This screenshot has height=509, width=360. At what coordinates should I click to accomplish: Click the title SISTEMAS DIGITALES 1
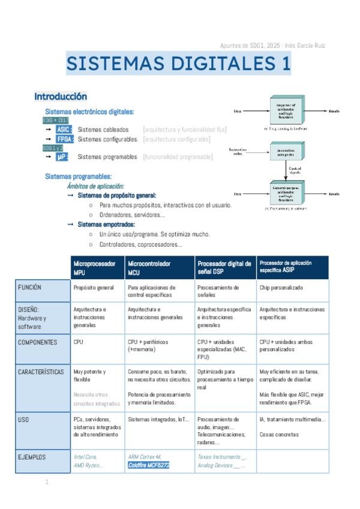tap(178, 64)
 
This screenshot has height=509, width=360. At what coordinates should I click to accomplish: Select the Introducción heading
tap(61, 97)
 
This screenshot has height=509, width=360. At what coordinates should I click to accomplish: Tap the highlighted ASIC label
tap(63, 129)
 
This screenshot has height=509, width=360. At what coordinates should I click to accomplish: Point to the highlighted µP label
tap(61, 157)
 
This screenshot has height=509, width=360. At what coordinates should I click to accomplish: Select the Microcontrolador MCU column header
tap(160, 268)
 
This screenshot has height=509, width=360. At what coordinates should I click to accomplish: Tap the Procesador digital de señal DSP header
tap(224, 268)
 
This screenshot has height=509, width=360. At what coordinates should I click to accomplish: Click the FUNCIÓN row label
tap(42, 288)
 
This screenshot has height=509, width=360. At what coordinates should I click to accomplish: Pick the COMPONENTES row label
tap(42, 343)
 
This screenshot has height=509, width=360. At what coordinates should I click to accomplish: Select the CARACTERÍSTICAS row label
tap(42, 372)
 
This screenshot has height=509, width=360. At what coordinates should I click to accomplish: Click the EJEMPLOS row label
tap(42, 457)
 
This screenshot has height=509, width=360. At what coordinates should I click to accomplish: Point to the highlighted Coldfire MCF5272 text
tap(149, 465)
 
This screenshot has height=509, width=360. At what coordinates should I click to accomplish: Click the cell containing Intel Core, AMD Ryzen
tap(97, 461)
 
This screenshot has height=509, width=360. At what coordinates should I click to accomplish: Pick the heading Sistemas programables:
tap(78, 176)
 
